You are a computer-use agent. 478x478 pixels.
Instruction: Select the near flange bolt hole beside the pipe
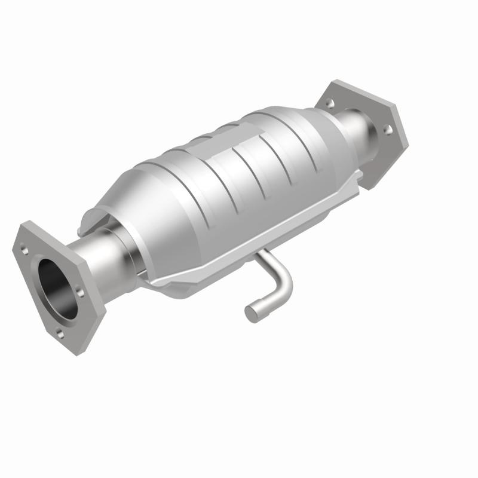tap(79, 292)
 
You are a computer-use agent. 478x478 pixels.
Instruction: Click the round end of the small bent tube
tap(252, 312)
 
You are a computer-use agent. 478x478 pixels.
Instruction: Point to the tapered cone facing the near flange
tap(137, 197)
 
